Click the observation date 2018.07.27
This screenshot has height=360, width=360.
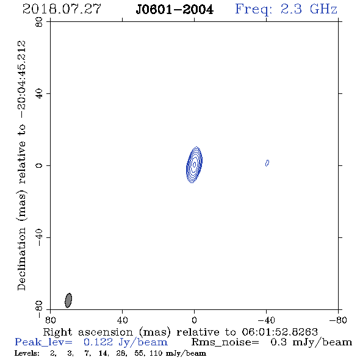coord(62,9)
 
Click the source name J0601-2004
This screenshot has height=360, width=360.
coord(175,10)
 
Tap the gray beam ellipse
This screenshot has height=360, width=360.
coord(68,300)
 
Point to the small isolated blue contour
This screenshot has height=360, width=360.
coord(267,163)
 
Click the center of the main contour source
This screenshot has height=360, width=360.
coord(194,165)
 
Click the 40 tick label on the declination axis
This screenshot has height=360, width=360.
coord(39,94)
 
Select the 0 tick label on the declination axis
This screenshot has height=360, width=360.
coord(39,165)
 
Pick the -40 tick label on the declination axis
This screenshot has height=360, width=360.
coord(39,237)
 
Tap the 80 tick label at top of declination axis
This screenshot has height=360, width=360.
coord(39,22)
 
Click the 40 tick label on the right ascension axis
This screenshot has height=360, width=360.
coord(123,320)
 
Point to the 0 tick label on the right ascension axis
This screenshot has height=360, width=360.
coord(194,320)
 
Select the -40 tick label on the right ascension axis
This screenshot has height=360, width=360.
coord(266,320)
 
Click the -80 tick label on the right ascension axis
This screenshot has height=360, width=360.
coord(338,320)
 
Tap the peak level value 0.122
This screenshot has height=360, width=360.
coord(98,342)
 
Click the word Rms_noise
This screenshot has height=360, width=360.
coord(225,342)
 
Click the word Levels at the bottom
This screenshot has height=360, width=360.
coord(27,353)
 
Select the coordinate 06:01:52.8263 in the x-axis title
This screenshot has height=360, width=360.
coord(279,332)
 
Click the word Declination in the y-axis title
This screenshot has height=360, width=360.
coord(21,259)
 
